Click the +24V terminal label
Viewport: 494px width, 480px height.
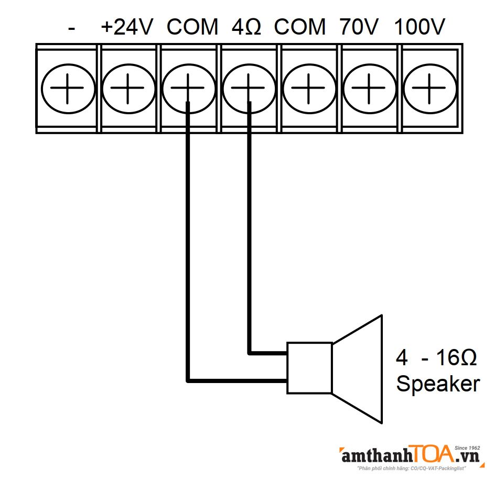coord(127,27)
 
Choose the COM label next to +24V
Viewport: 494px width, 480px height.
coord(192,27)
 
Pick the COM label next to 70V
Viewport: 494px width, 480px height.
coord(300,27)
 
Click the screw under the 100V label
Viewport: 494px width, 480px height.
coord(428,88)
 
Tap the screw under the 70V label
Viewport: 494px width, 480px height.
coord(369,88)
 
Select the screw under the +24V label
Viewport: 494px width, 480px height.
coord(128,88)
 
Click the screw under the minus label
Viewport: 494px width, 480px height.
coord(68,88)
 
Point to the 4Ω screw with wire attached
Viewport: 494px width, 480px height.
coord(249,88)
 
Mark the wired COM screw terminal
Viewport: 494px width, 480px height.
coord(188,88)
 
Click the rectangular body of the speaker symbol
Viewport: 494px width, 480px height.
coord(309,368)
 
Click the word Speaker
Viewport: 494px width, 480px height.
coord(437,384)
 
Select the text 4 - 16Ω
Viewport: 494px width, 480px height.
coord(436,358)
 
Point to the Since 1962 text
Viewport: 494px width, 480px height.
coord(468,449)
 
